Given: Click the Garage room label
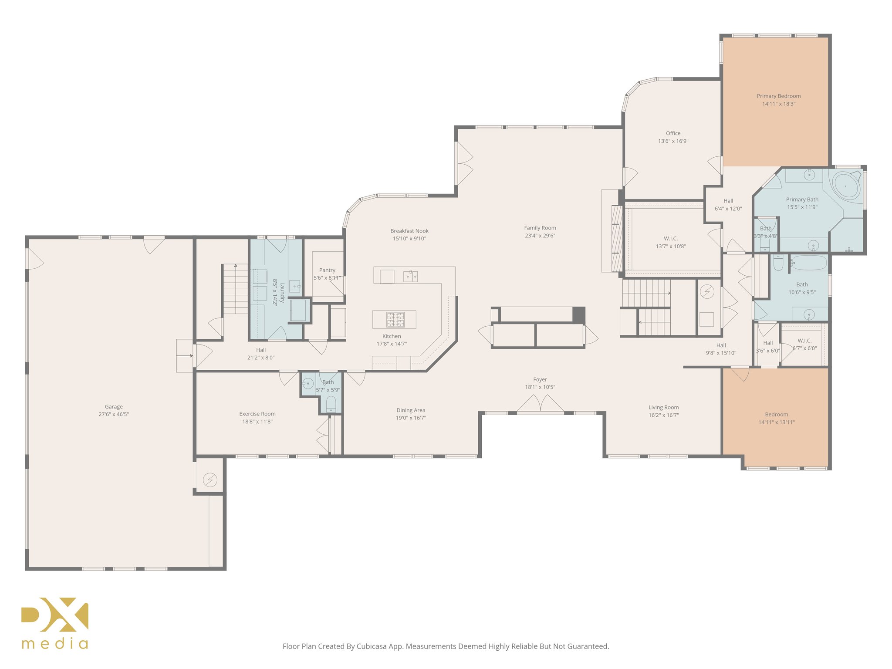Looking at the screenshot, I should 114,406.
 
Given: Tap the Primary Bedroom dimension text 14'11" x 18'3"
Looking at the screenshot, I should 778,104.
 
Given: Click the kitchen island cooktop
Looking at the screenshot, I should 395,320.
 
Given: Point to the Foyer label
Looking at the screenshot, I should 540,379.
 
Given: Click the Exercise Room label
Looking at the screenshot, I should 257,414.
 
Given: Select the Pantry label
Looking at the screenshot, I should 327,270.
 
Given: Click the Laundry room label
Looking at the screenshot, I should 282,292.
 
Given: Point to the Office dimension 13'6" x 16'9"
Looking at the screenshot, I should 673,141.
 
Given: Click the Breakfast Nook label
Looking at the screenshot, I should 409,231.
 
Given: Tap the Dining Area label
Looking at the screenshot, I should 410,410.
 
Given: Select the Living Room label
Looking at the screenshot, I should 663,407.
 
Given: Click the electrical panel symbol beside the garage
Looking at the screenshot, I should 210,480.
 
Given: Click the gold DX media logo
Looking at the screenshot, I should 55,623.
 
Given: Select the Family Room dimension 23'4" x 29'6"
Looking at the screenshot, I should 540,236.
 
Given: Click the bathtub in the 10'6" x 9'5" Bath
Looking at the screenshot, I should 808,263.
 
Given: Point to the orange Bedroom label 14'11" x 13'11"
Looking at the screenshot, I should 776,414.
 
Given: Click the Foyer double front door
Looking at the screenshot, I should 540,404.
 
